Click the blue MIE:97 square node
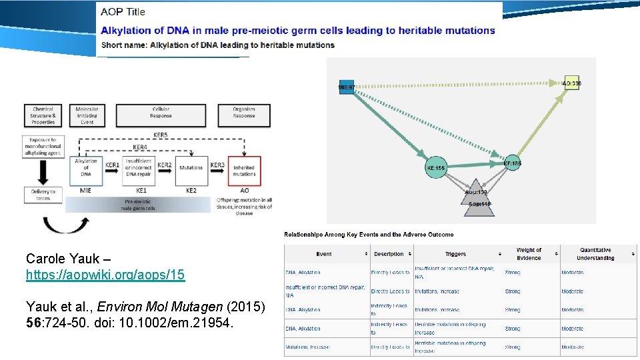[x=347, y=87]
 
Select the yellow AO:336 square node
[x=571, y=83]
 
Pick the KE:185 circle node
[x=512, y=162]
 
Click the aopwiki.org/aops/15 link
[x=105, y=275]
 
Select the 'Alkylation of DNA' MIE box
[x=86, y=171]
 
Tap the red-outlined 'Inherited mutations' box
[x=244, y=171]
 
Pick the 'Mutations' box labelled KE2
[x=191, y=171]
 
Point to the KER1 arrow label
[x=112, y=165]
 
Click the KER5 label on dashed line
[x=161, y=134]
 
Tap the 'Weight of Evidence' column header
[x=529, y=254]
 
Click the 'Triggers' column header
[x=455, y=254]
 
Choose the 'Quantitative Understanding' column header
[x=595, y=254]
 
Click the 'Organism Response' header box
[x=244, y=115]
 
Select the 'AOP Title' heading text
[x=123, y=11]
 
